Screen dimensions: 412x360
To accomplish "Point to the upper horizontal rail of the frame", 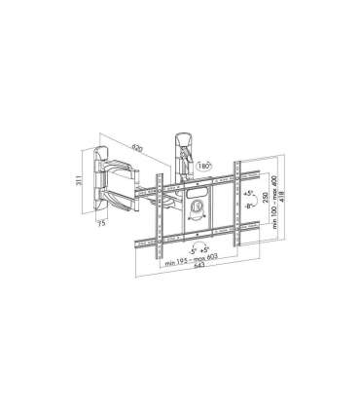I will pyautogui.click(x=204, y=182).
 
